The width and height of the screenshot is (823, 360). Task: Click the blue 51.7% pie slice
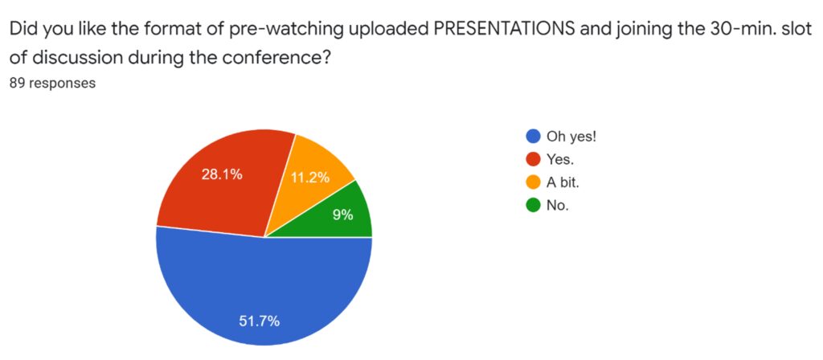point(264,294)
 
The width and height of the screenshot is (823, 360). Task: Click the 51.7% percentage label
point(260,321)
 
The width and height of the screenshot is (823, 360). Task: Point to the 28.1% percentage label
point(222,175)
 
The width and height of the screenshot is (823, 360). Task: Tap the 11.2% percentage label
point(310,178)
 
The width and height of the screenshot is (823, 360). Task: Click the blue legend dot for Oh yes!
point(533,137)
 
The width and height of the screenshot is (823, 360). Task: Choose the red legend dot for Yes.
point(533,160)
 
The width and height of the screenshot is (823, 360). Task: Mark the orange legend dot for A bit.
point(533,182)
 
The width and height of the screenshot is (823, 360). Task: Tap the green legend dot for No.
point(533,206)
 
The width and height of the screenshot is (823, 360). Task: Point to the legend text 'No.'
point(558,206)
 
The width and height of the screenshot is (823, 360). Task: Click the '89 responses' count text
point(53,83)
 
